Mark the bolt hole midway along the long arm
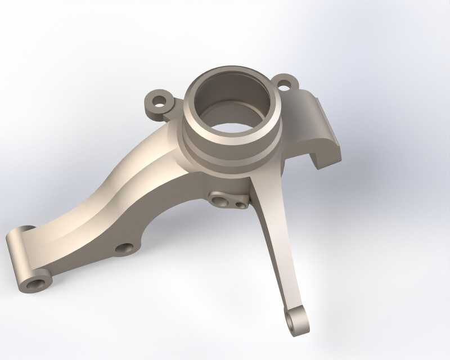[x=123, y=248]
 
